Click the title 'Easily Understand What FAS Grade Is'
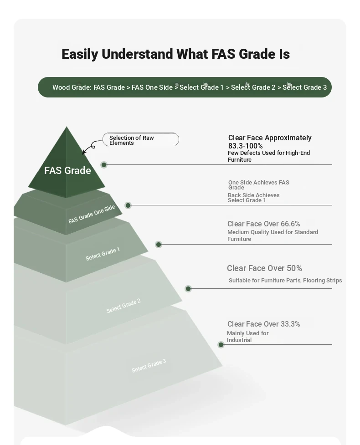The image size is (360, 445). [x=175, y=54]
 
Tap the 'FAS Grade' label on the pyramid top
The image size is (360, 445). [x=67, y=170]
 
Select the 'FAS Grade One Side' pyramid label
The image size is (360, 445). [x=92, y=214]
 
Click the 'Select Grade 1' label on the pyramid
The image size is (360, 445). [x=103, y=254]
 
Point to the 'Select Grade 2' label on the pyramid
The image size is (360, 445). [x=123, y=306]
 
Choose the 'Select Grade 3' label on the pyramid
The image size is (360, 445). [x=149, y=366]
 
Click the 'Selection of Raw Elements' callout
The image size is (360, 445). [x=140, y=140]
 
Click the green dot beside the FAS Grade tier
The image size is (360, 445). [x=104, y=164]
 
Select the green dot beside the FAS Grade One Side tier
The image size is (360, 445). [x=128, y=205]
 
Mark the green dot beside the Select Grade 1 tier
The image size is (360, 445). [x=159, y=244]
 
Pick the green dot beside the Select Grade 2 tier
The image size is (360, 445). [x=188, y=289]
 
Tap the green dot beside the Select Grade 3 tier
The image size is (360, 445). [x=221, y=345]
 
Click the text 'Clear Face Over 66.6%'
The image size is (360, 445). [x=263, y=224]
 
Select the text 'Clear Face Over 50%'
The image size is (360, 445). [x=264, y=268]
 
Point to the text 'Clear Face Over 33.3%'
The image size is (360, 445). [x=263, y=324]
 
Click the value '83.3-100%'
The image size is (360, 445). [x=245, y=146]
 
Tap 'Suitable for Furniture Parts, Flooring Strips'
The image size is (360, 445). [x=285, y=281]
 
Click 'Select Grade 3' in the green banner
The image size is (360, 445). [x=304, y=87]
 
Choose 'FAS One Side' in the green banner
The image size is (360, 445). [x=152, y=87]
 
